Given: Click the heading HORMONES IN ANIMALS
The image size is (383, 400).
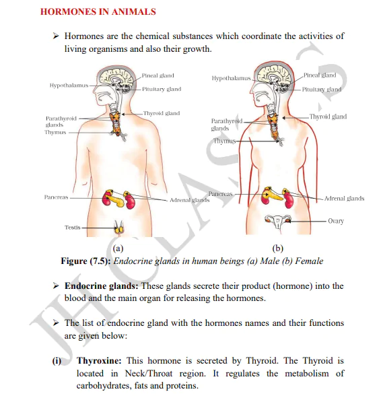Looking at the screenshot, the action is click(98, 11).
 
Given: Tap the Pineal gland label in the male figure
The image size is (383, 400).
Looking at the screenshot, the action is click(158, 76).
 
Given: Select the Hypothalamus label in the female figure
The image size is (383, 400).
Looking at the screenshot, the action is click(231, 79).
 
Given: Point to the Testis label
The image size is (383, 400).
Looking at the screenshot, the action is click(73, 228).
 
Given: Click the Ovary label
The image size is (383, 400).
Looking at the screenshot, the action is click(336, 221).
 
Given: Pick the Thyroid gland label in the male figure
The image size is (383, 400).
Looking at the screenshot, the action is click(162, 113).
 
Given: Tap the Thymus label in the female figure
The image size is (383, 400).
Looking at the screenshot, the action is click(225, 141).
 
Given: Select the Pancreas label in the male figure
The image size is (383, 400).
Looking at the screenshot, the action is click(56, 198).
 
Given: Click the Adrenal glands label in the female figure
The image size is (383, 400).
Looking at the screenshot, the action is click(344, 199).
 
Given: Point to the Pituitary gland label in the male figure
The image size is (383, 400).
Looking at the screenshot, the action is click(162, 89).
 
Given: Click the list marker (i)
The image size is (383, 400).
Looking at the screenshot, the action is click(57, 360).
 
